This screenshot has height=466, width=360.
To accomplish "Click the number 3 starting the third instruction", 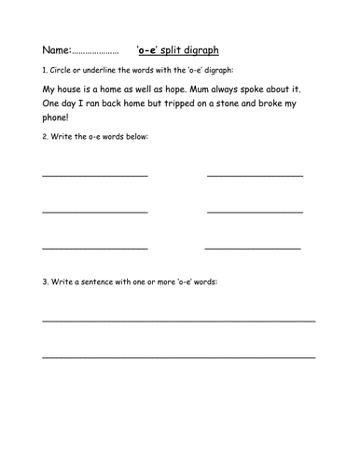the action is [44, 281].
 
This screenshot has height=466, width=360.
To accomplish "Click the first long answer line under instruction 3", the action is [178, 320].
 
